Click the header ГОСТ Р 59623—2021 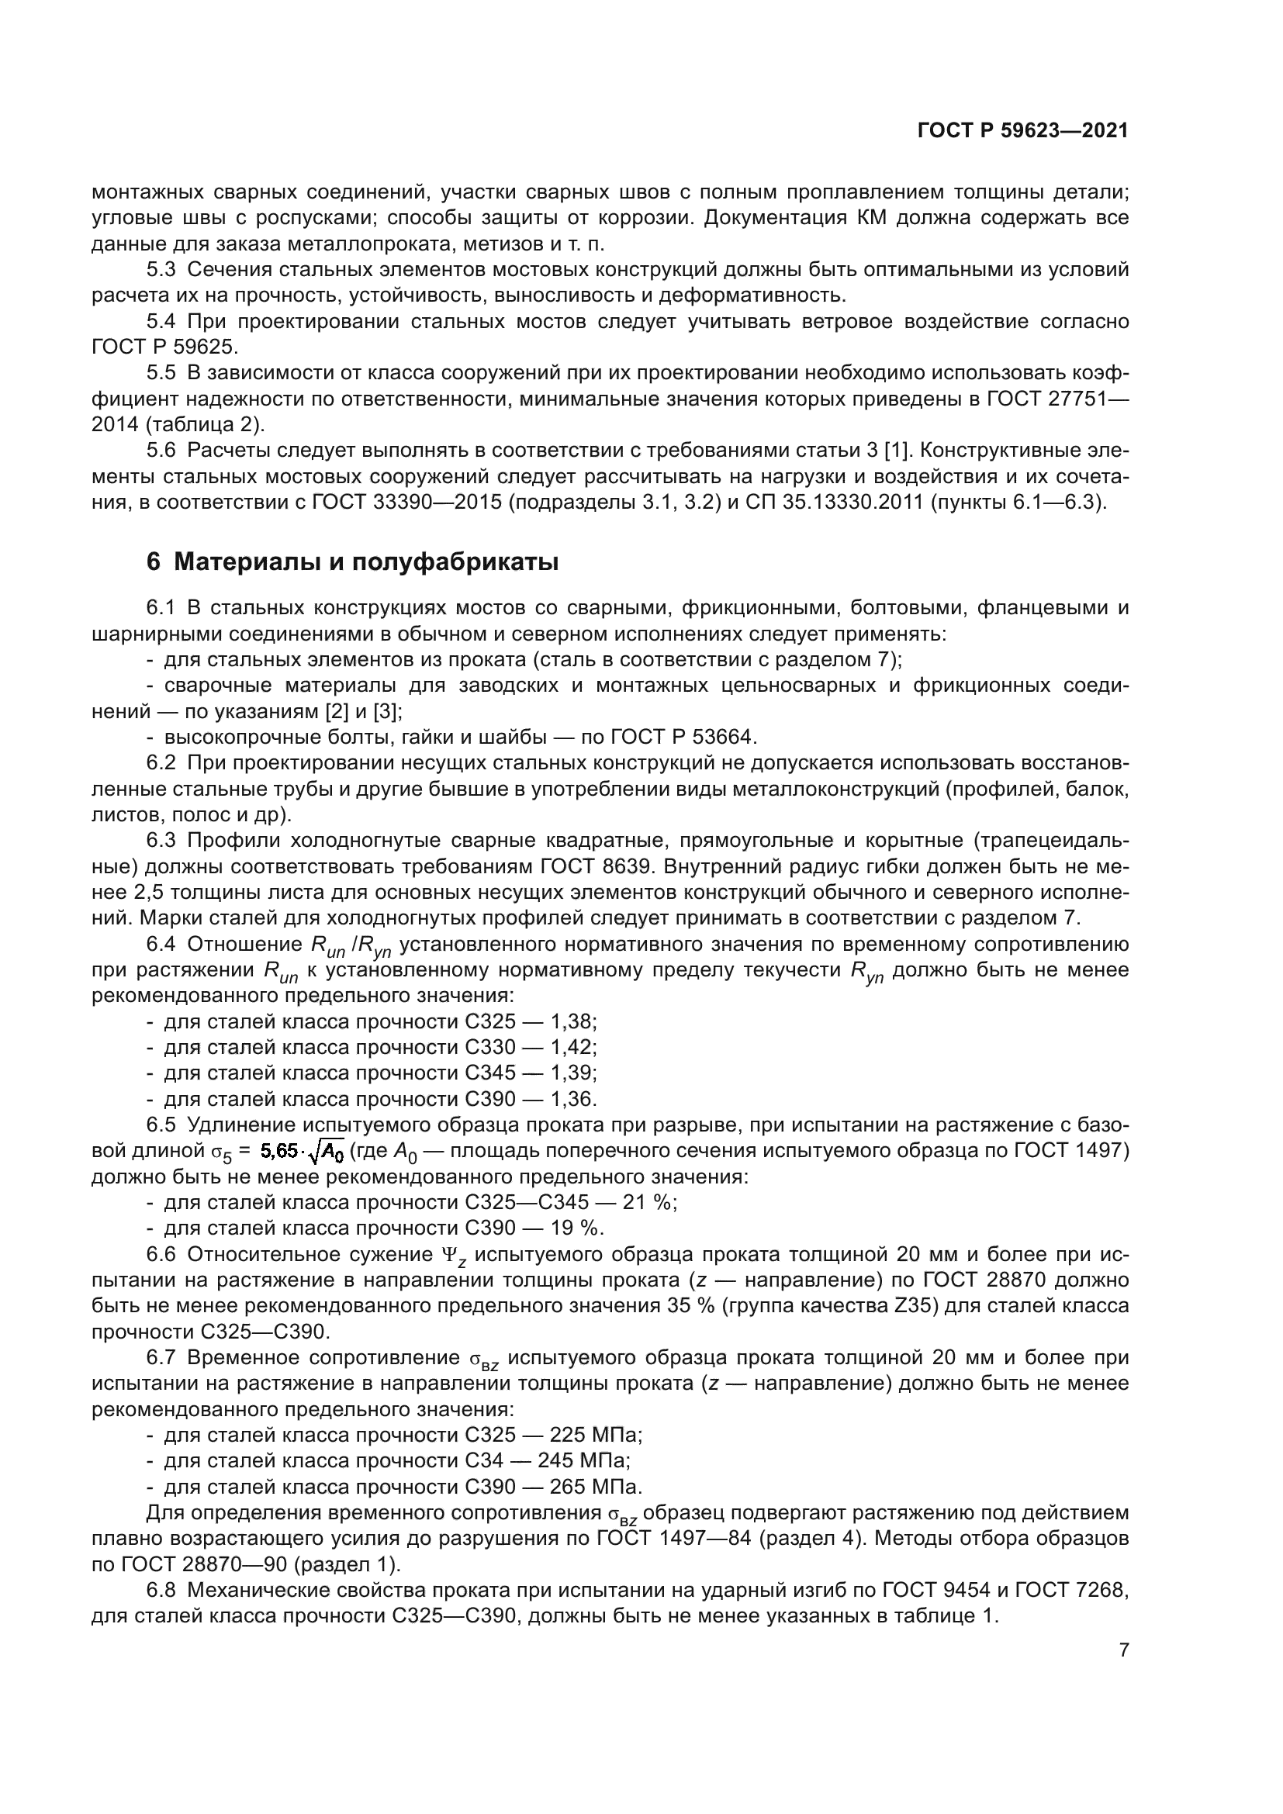tap(1022, 130)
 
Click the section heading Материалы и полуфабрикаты tap(352, 562)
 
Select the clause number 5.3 tap(161, 270)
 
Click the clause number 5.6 tap(161, 451)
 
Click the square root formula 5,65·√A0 tap(303, 1152)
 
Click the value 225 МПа tap(595, 1436)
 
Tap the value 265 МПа tap(595, 1487)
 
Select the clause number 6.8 tap(161, 1591)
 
